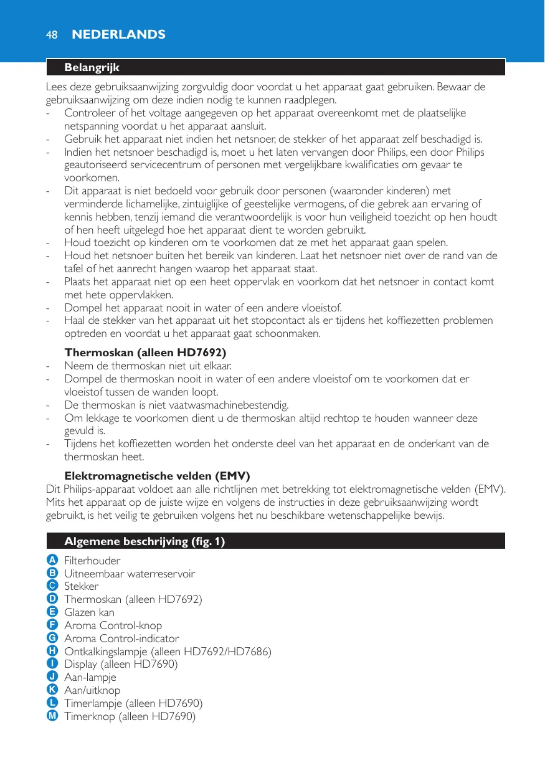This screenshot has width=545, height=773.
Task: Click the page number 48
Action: tap(52, 35)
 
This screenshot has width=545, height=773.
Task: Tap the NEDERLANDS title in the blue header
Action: tap(119, 35)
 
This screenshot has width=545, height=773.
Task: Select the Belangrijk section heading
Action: tap(92, 67)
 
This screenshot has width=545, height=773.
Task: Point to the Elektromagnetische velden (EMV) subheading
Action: tap(157, 477)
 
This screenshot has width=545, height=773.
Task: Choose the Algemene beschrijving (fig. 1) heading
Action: tap(145, 541)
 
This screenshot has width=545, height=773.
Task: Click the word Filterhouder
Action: tap(92, 561)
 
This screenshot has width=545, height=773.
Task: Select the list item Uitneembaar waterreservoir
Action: tap(130, 574)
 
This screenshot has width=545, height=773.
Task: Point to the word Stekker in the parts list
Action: tap(82, 587)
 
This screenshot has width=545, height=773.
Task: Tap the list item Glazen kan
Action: tap(90, 612)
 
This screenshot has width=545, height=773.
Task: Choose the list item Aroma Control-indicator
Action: tap(121, 638)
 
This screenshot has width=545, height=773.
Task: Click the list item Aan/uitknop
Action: tap(92, 690)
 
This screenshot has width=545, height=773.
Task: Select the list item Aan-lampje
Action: tap(90, 677)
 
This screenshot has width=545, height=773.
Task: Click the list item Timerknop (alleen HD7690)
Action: tap(130, 716)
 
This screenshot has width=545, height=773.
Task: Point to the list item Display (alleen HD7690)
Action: tap(121, 664)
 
